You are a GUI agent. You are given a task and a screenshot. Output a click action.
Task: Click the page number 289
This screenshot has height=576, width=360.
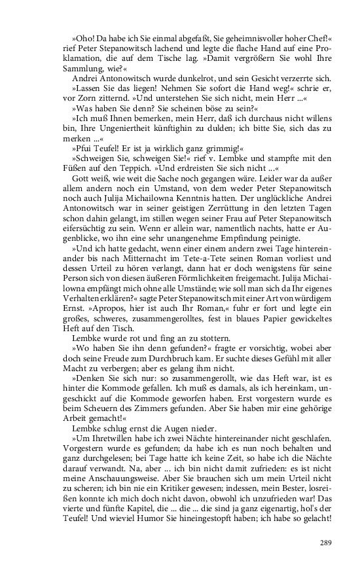click(x=327, y=542)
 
